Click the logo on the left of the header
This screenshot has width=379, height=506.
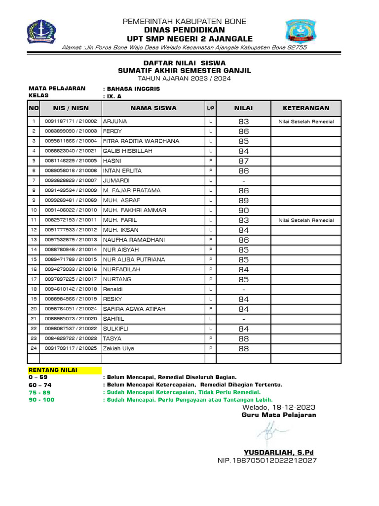[41, 31]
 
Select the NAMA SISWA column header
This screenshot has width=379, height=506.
[153, 108]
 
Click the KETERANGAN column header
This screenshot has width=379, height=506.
[306, 108]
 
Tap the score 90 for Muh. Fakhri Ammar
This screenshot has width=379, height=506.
[244, 211]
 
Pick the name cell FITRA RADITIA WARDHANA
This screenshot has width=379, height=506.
[141, 141]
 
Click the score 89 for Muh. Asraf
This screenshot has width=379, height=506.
[244, 201]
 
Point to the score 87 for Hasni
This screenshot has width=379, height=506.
[244, 161]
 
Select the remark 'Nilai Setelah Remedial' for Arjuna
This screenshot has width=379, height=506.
[306, 122]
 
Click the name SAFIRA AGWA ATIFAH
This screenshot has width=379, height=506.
[134, 309]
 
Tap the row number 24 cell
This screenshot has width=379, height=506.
[34, 349]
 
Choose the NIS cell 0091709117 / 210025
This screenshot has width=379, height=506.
[71, 349]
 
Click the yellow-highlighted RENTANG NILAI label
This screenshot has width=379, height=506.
[49, 370]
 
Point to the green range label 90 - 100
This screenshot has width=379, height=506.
[41, 400]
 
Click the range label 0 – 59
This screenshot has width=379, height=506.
[38, 377]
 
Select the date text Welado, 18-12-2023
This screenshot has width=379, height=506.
[278, 407]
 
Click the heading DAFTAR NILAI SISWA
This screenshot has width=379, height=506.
[184, 63]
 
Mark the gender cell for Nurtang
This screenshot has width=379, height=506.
[210, 280]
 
